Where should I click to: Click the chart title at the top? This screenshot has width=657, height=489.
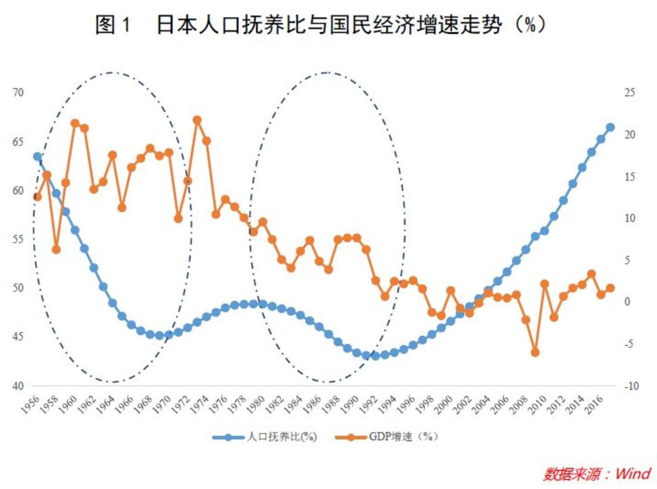coord(321,24)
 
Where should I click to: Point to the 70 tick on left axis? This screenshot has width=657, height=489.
coord(18,93)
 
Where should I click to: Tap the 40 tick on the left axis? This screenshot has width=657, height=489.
coord(18,386)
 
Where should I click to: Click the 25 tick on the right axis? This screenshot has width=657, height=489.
coord(630,93)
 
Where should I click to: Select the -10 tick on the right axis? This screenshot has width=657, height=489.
coord(631,386)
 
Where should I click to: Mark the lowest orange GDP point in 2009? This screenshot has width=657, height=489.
coord(535,353)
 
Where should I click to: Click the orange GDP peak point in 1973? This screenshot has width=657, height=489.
coord(197,120)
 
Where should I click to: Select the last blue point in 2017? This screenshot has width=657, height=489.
coord(610,127)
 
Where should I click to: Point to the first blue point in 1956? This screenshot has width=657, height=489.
coord(37,157)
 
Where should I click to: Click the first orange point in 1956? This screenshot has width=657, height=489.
coord(37,197)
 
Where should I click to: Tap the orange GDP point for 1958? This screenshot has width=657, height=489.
coord(56,249)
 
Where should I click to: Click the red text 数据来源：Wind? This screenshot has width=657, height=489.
coord(597,473)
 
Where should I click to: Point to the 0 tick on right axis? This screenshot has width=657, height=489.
coord(627,302)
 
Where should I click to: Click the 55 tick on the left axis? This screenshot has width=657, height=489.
coord(18,239)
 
